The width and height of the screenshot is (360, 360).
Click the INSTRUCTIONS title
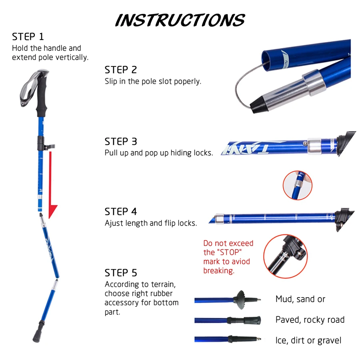click(x=180, y=20)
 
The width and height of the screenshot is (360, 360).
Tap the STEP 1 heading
click(x=28, y=37)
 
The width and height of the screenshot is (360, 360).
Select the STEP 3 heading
click(x=120, y=142)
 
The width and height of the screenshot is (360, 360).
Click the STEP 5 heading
click(x=120, y=273)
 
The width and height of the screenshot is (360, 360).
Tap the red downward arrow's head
click(x=52, y=211)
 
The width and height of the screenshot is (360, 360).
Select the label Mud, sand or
click(x=300, y=299)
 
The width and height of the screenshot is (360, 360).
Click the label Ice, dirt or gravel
click(x=308, y=340)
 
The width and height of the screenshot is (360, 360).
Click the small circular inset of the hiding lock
click(x=297, y=185)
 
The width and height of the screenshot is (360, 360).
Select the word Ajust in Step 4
click(x=113, y=223)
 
